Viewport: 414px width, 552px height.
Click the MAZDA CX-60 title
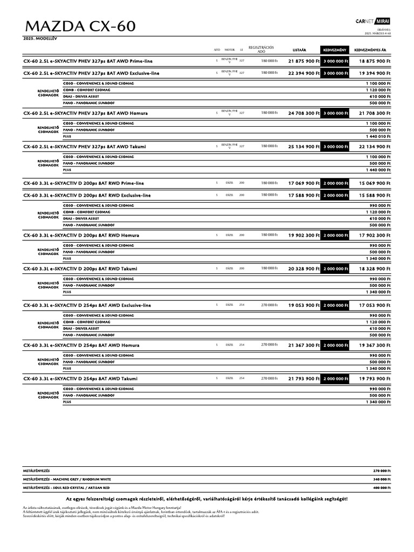[79, 27]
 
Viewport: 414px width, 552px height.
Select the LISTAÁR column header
[299, 50]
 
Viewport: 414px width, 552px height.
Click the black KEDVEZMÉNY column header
[335, 50]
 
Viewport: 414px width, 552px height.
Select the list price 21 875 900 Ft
[304, 61]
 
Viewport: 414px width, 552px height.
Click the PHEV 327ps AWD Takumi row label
[85, 147]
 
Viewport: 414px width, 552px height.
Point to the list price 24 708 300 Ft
[304, 113]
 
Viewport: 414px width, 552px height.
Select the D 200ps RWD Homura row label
[81, 236]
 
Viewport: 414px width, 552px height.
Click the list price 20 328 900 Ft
[304, 268]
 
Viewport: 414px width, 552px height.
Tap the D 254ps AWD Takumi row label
[80, 379]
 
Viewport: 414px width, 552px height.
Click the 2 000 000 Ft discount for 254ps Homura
[335, 345]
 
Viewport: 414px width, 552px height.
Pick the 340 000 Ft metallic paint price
[381, 479]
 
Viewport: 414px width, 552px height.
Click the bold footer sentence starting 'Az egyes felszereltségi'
[207, 499]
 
